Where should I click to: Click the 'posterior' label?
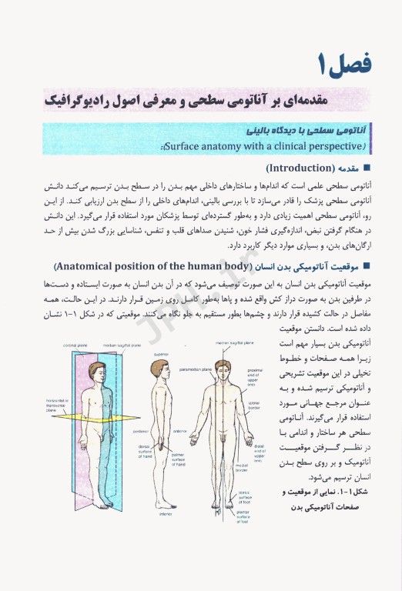coord(142,431)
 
